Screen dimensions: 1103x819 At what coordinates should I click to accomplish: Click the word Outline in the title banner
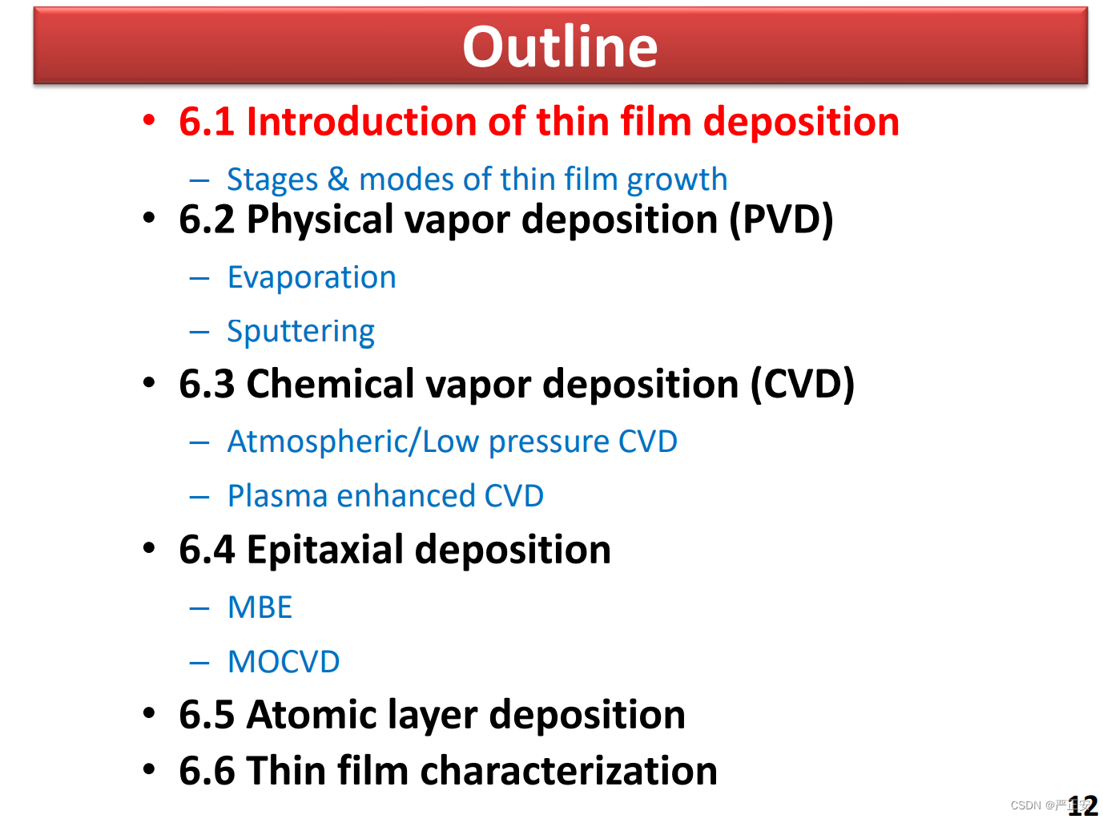[x=559, y=46]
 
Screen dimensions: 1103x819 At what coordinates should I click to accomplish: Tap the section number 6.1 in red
[x=207, y=121]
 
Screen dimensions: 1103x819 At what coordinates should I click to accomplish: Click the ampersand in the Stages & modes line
[x=338, y=180]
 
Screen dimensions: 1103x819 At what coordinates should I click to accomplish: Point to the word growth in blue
[x=677, y=180]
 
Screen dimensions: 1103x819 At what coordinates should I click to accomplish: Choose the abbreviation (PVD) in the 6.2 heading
[x=781, y=220]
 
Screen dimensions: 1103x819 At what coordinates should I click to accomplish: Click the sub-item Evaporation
[x=312, y=277]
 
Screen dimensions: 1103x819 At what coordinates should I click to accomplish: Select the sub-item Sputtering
[x=301, y=332]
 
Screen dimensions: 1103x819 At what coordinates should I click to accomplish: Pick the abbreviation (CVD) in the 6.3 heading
[x=802, y=384]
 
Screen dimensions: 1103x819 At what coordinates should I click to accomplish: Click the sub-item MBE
[x=260, y=607]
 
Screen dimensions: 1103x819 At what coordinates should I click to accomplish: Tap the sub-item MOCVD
[x=284, y=662]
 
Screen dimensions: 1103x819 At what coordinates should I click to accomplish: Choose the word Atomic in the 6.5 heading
[x=312, y=714]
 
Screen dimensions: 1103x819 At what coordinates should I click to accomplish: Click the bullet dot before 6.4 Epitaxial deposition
[x=149, y=548]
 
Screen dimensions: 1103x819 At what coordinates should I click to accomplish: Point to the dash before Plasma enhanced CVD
[x=199, y=497]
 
